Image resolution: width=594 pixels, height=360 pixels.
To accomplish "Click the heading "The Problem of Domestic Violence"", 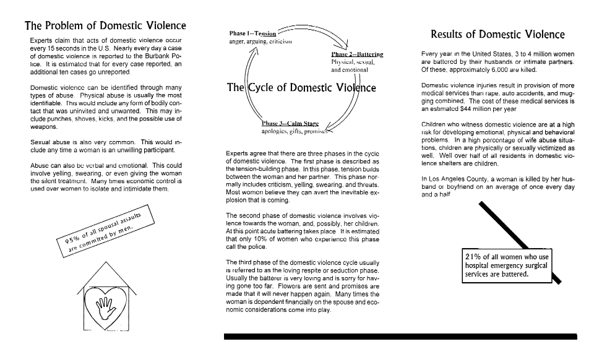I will [105, 27].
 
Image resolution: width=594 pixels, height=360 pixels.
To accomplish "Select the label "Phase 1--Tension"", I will [252, 33].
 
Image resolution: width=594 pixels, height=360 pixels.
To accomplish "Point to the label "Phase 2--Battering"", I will [357, 54].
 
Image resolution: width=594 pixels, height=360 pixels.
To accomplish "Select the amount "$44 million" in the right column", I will [491, 108].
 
